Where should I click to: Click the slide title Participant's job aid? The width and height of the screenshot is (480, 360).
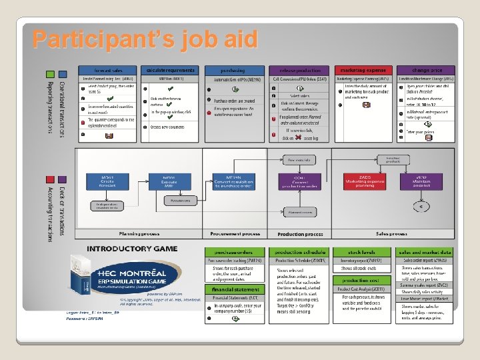[x=144, y=39]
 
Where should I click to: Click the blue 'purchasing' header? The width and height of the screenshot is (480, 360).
[x=233, y=70]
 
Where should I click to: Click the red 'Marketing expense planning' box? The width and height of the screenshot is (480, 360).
[x=364, y=181]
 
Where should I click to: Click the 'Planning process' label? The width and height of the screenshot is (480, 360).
[x=139, y=234]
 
